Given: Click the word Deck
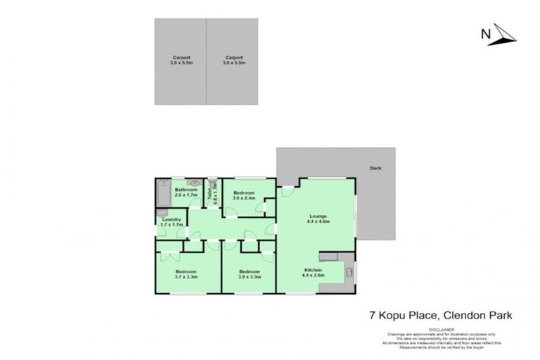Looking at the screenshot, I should (x=375, y=168).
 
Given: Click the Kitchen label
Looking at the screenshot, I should (x=313, y=270).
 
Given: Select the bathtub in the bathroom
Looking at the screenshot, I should (x=162, y=194).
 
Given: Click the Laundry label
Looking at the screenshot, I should (x=172, y=219).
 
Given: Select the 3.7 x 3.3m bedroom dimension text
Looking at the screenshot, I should (x=186, y=276).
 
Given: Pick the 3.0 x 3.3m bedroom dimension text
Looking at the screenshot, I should (x=249, y=276).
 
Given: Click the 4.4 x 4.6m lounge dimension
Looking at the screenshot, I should (x=318, y=221).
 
